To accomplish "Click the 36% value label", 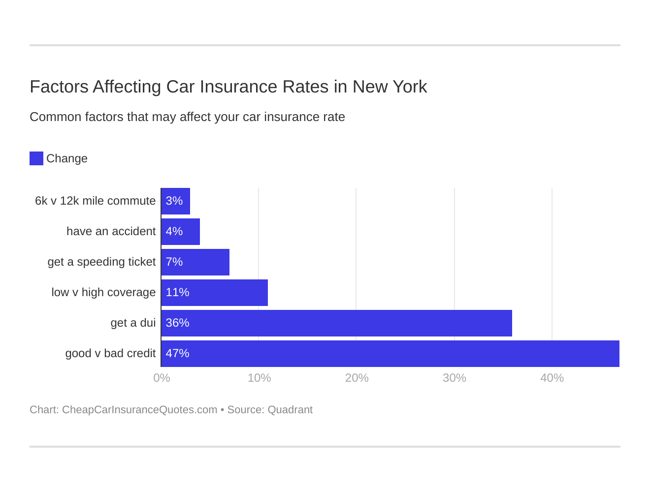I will coord(177,323).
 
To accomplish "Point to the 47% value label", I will coord(177,354).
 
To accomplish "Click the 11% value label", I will coord(177,293).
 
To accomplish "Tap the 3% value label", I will coord(174,201).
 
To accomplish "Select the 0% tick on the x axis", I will coord(162,378).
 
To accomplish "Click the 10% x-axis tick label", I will coord(259,378).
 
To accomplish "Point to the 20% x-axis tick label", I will coord(357,378).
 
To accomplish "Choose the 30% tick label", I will coord(454,378).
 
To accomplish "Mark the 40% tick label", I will coord(552,378).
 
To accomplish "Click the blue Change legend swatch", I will coord(36,158).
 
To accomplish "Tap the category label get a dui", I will coord(133,323).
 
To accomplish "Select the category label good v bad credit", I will coord(110,354).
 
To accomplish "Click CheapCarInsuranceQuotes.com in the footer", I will coord(139,410).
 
